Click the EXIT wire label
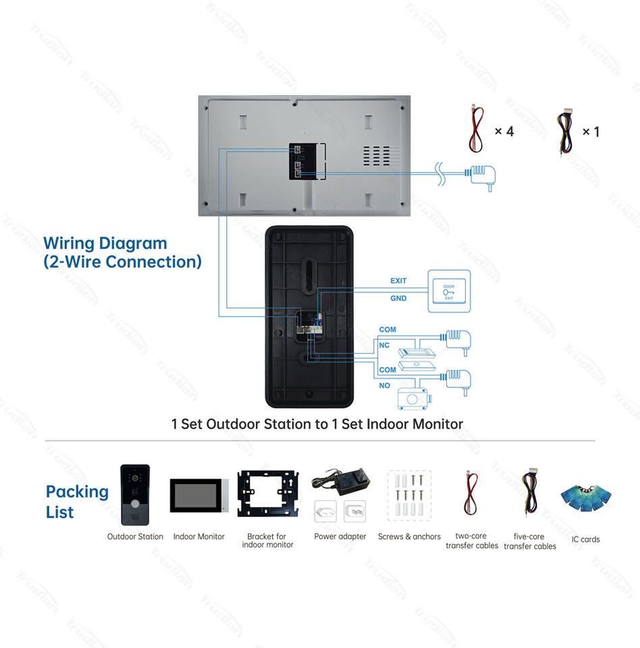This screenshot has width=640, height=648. pos(398,281)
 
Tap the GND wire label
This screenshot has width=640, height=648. pos(398,298)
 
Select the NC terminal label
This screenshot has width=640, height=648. pos(385,346)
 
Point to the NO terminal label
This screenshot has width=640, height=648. pos(385,386)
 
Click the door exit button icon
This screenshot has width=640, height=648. pos(449,292)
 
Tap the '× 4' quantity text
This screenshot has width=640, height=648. pos(504,131)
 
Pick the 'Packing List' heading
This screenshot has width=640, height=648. pos(77,502)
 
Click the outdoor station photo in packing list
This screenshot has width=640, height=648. pos(135,495)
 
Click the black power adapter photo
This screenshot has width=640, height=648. pos(340,481)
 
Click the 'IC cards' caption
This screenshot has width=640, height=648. pos(585,539)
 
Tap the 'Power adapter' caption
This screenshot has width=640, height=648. pos(340,537)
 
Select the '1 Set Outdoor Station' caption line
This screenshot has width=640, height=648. pos(317,424)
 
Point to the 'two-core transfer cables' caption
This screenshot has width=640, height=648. pos(472,541)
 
